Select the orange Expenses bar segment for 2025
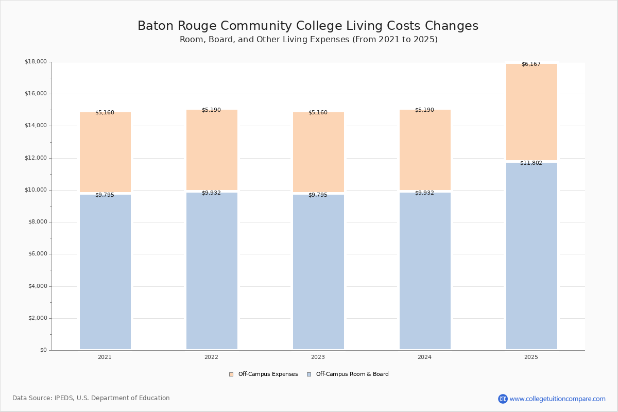531,112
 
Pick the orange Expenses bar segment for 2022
212,150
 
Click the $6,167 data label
531,64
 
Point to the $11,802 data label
531,163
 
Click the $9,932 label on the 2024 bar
424,193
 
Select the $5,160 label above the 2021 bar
105,113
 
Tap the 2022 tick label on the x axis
211,357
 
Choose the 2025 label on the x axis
531,357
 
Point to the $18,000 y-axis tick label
36,62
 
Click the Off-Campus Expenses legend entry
264,374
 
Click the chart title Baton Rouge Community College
308,26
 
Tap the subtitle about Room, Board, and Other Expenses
308,40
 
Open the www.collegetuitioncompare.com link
557,399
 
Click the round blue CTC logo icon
503,399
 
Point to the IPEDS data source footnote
91,398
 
